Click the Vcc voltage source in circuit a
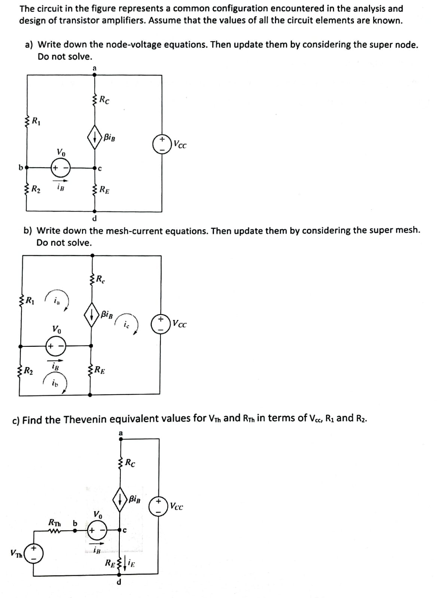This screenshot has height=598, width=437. [x=162, y=144]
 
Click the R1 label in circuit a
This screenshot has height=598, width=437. [x=36, y=121]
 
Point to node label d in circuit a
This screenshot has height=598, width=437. [x=94, y=218]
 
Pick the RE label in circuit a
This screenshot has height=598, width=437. [x=104, y=190]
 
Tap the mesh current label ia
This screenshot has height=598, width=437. [x=56, y=300]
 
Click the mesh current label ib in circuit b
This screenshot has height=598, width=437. [x=55, y=384]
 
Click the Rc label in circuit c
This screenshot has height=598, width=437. [x=130, y=464]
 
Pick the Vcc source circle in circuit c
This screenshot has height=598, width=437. [x=158, y=506]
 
